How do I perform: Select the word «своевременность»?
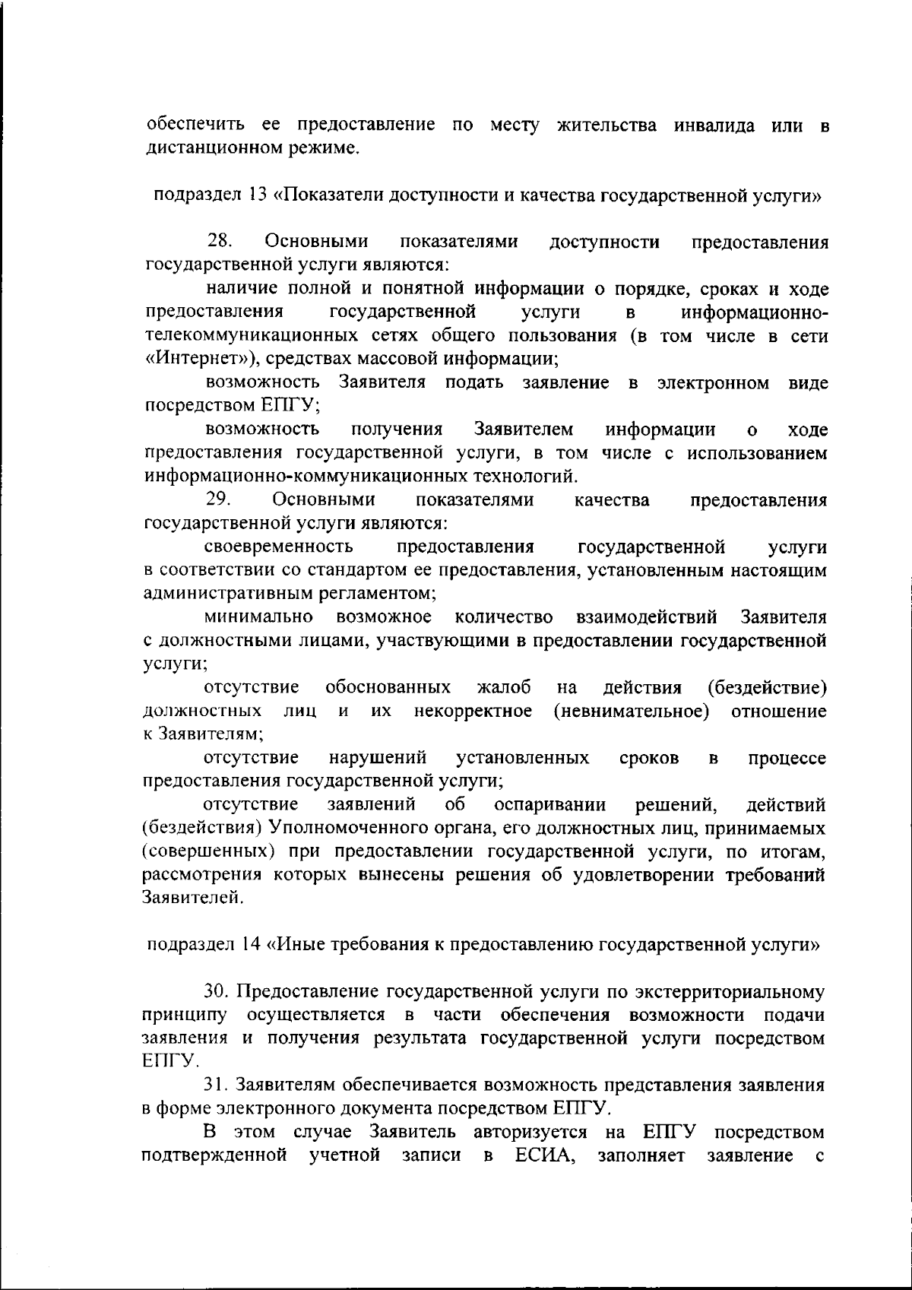click(x=278, y=547)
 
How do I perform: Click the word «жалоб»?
click(x=503, y=688)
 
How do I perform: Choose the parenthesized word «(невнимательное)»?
click(x=632, y=712)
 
